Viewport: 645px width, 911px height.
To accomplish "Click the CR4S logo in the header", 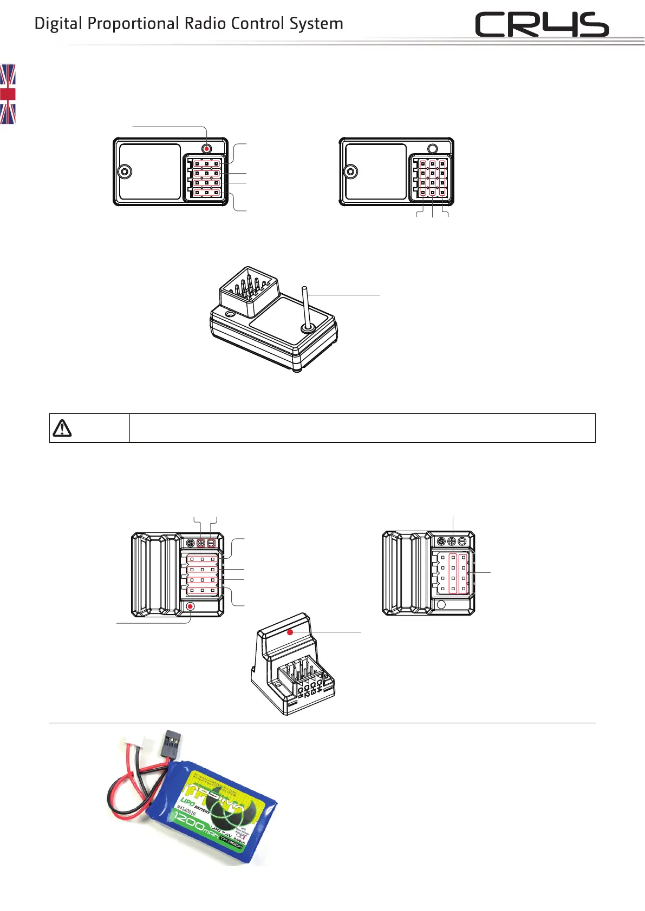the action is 542,25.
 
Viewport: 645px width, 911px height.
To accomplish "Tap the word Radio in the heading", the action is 205,24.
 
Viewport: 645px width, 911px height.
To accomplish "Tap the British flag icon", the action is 8,94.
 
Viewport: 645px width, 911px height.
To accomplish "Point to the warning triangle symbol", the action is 62,428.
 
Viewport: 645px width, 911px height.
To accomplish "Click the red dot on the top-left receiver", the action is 207,148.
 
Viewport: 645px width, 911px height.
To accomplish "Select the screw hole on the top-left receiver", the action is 125,171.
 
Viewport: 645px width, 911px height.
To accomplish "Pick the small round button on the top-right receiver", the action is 432,148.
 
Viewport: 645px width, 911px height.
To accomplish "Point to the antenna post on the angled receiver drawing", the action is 305,306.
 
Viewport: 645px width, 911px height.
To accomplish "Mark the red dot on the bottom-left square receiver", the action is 190,606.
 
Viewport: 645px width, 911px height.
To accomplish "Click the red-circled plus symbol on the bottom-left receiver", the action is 201,543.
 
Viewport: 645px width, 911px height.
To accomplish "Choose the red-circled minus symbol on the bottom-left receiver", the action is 211,543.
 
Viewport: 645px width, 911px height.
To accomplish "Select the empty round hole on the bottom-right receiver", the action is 441,604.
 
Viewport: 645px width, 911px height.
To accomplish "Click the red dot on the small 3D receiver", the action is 290,632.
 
